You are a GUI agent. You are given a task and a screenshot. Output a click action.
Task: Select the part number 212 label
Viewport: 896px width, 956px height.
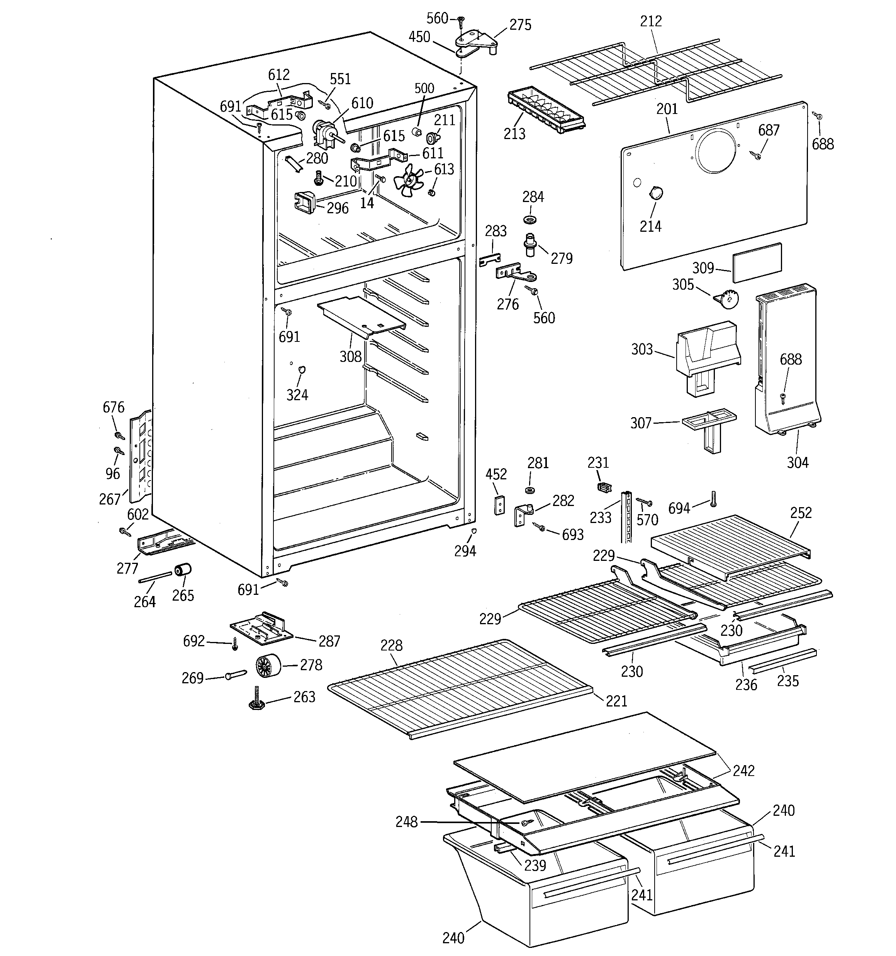[x=650, y=21]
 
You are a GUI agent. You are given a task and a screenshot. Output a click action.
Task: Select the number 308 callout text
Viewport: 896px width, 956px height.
[x=350, y=357]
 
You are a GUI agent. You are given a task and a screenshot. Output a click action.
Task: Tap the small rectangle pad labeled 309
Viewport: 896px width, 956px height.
[x=757, y=263]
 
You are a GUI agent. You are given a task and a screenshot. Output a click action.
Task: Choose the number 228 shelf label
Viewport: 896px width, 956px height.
[x=391, y=645]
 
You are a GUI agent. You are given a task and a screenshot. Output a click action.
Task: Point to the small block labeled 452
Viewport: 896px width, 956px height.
[x=500, y=505]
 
